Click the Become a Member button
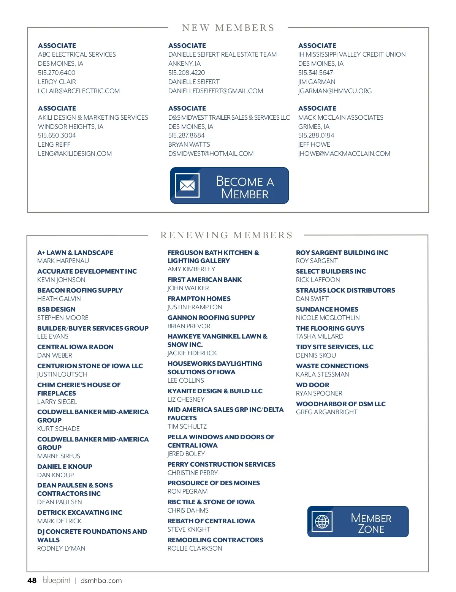pyautogui.click(x=230, y=185)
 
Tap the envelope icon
pyautogui.click(x=187, y=185)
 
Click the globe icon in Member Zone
pyautogui.click(x=322, y=522)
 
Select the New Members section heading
pyautogui.click(x=228, y=28)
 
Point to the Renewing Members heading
pyautogui.click(x=226, y=235)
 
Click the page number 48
pyautogui.click(x=32, y=580)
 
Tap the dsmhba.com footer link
pyautogui.click(x=101, y=581)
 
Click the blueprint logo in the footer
pyautogui.click(x=56, y=580)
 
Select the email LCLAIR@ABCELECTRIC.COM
pyautogui.click(x=79, y=91)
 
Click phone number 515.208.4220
pyautogui.click(x=187, y=73)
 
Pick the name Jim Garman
pyautogui.click(x=317, y=82)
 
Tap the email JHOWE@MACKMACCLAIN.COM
pyautogui.click(x=344, y=154)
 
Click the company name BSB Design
pyautogui.click(x=56, y=309)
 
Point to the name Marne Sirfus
pyautogui.click(x=59, y=456)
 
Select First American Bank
pyautogui.click(x=204, y=280)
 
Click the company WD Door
pyautogui.click(x=312, y=385)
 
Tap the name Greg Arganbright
pyautogui.click(x=326, y=412)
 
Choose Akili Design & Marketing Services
pyautogui.click(x=93, y=117)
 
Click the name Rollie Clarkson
pyautogui.click(x=195, y=548)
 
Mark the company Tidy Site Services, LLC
pyautogui.click(x=334, y=347)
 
